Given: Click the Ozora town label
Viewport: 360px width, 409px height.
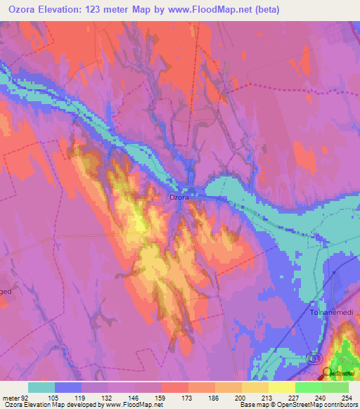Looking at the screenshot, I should pyautogui.click(x=179, y=197).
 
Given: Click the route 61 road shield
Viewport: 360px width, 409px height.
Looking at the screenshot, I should pyautogui.click(x=311, y=358).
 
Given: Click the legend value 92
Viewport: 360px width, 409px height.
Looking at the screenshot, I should pyautogui.click(x=25, y=398).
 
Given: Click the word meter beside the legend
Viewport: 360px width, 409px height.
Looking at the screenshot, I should pyautogui.click(x=10, y=398).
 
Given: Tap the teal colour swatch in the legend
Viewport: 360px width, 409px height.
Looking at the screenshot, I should pyautogui.click(x=41, y=387).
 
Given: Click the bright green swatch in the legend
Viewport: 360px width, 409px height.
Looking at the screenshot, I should pyautogui.click(x=309, y=387).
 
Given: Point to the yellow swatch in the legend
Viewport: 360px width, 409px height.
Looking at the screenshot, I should pyautogui.click(x=255, y=387).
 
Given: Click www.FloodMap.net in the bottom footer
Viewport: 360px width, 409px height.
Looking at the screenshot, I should pyautogui.click(x=137, y=405).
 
